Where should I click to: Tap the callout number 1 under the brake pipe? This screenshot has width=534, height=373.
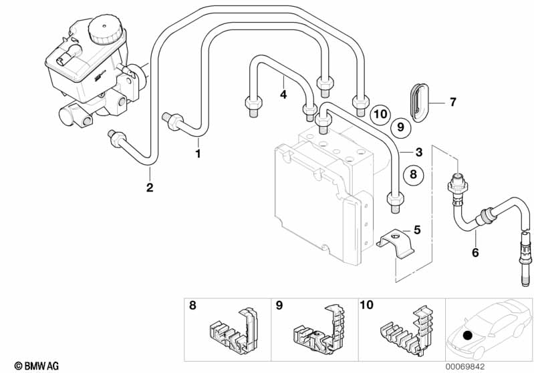click(x=198, y=153)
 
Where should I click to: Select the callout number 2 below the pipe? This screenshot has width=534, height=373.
click(x=150, y=188)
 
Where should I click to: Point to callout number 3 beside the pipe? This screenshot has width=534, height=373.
click(x=418, y=151)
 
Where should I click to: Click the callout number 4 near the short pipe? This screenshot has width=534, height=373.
click(x=283, y=95)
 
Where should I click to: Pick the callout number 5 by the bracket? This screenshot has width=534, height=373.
click(x=417, y=230)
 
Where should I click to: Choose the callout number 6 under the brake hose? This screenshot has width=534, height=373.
click(x=475, y=252)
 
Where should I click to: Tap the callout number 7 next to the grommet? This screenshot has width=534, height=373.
click(x=452, y=102)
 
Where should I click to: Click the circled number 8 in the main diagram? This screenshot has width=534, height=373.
click(x=413, y=174)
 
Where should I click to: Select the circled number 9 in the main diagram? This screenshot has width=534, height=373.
click(x=400, y=126)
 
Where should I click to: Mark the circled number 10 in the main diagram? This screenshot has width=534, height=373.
click(x=380, y=114)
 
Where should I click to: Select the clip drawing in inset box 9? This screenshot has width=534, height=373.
click(x=319, y=327)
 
